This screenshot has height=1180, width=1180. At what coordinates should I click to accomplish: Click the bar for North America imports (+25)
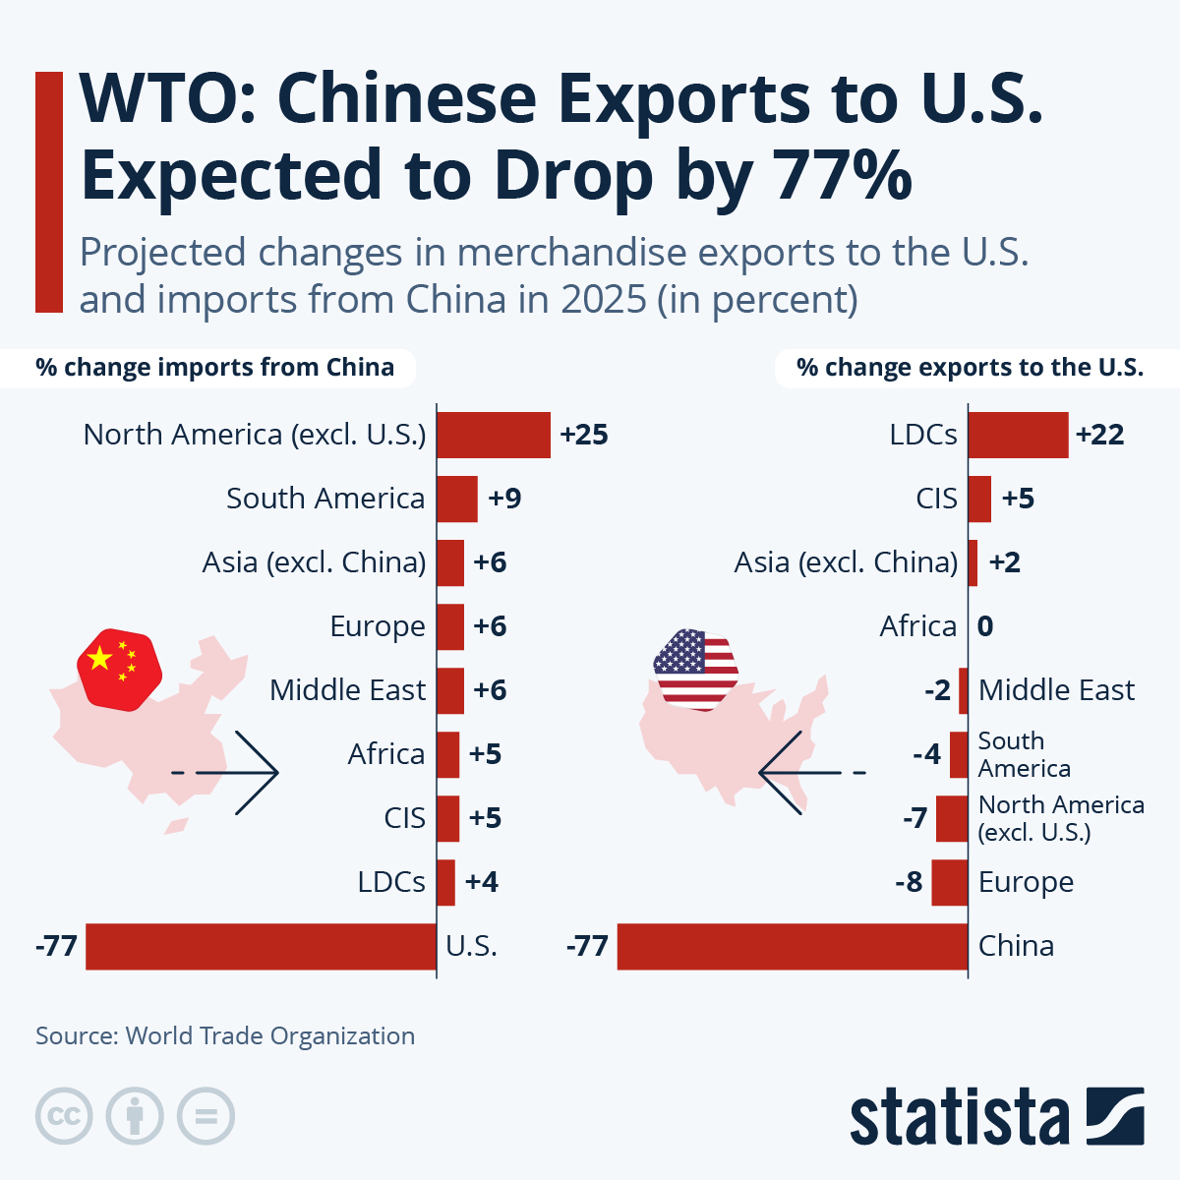493,435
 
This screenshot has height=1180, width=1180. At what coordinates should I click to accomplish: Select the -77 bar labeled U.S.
261,946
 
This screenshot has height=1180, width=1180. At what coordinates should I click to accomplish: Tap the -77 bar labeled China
792,946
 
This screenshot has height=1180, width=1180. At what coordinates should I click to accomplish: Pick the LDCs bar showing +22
1018,435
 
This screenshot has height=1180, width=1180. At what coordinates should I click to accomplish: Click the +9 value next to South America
504,499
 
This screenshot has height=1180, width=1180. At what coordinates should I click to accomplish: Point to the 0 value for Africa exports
985,626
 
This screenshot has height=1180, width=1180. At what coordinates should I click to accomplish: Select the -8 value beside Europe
909,882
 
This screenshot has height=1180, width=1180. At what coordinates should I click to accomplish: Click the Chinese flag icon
119,669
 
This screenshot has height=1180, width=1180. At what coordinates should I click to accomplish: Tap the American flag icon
695,669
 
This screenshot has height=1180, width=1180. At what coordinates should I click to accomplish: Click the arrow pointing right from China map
236,773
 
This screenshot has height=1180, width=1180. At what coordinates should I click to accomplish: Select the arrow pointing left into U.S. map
801,773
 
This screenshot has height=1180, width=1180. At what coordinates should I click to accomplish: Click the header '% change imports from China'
214,368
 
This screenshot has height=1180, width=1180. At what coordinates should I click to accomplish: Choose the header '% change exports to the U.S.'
970,368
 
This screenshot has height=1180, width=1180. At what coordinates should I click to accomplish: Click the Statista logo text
959,1117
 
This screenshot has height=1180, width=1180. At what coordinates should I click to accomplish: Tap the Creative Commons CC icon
64,1116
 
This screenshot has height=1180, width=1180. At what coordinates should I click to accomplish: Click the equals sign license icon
206,1116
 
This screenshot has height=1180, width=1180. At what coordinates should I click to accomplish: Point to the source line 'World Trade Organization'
270,1035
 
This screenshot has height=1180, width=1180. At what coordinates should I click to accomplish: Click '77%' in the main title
843,175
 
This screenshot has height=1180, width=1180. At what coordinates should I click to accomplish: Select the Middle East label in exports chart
1056,690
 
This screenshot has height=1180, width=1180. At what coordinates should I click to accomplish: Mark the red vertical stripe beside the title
48,192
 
